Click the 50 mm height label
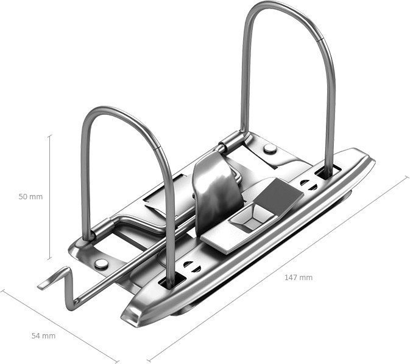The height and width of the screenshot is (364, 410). click(30, 197)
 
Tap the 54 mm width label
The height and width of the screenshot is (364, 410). click(43, 336)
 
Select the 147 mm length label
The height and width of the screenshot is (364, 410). click(299, 278)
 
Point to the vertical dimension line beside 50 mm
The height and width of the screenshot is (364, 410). click(50, 197)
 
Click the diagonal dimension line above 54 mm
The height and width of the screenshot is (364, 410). click(59, 326)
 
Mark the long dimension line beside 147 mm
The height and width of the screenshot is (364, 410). click(278, 269)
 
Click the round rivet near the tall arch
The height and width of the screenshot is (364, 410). click(270, 149)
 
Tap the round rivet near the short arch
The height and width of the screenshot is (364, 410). click(101, 264)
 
